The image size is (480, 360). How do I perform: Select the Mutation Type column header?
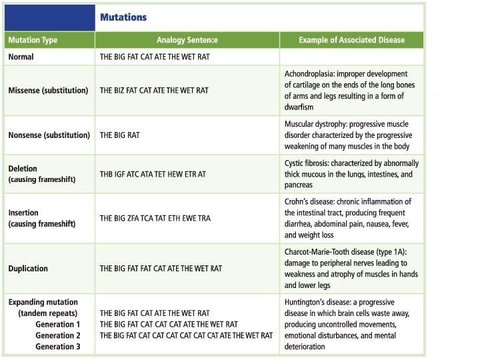pyautogui.click(x=33, y=40)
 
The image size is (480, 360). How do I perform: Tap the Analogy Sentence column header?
pyautogui.click(x=189, y=40)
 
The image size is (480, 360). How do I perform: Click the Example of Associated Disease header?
pyautogui.click(x=351, y=40)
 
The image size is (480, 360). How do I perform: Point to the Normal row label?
pyautogui.click(x=21, y=57)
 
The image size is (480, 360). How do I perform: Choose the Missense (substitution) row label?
pyautogui.click(x=48, y=90)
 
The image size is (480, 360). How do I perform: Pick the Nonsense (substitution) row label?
pyautogui.click(x=49, y=135)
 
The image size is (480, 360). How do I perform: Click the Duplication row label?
pyautogui.click(x=28, y=269)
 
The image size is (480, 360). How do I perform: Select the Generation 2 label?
pyautogui.click(x=58, y=335)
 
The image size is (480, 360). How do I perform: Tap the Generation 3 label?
pyautogui.click(x=58, y=346)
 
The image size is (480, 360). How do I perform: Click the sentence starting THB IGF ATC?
pyautogui.click(x=153, y=173)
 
